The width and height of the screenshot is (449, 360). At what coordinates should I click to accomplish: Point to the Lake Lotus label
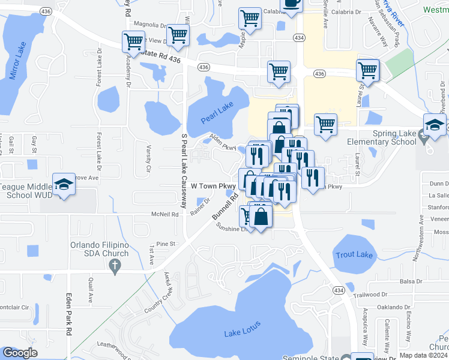point(243,329)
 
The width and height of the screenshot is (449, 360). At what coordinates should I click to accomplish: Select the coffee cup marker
point(292,4)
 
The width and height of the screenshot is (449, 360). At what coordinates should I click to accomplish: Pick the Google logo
point(20,353)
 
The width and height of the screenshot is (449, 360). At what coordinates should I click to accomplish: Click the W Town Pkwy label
point(211,187)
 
